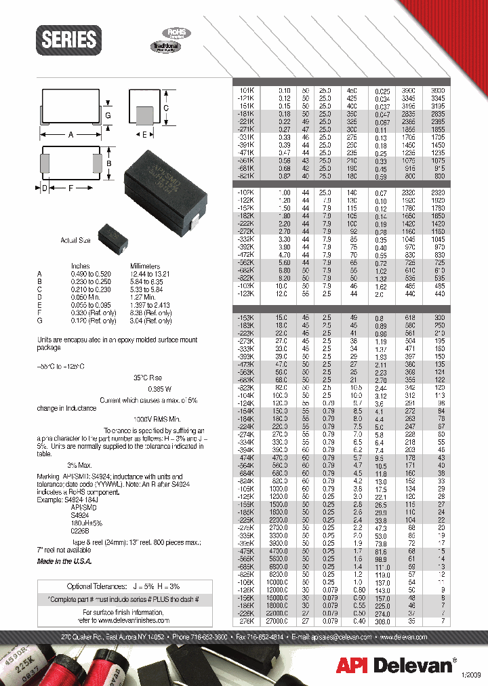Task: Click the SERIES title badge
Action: click(x=68, y=39)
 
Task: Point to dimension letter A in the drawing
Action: click(x=70, y=134)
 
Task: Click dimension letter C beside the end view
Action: click(x=165, y=108)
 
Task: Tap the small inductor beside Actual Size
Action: click(x=108, y=237)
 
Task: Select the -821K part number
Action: click(x=245, y=176)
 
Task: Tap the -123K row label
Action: click(x=245, y=295)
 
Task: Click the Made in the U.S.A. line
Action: click(x=64, y=561)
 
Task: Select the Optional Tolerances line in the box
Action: click(x=123, y=586)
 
